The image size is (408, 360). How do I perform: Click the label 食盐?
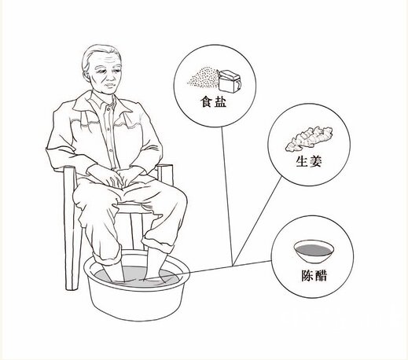click(x=213, y=101)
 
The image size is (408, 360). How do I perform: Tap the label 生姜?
click(x=309, y=161)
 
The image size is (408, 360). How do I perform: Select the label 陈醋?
click(x=314, y=275)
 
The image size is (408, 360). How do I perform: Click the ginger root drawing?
click(x=309, y=138)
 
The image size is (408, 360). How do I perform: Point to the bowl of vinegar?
click(x=314, y=252)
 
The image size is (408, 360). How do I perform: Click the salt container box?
click(x=230, y=81)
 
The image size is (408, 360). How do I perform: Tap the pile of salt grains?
click(x=203, y=78)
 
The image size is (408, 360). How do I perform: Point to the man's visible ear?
click(x=86, y=74)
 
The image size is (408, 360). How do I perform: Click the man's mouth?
click(x=110, y=86)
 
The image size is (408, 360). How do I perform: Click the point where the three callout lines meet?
click(x=233, y=265)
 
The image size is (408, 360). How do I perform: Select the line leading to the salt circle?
click(x=227, y=196)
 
